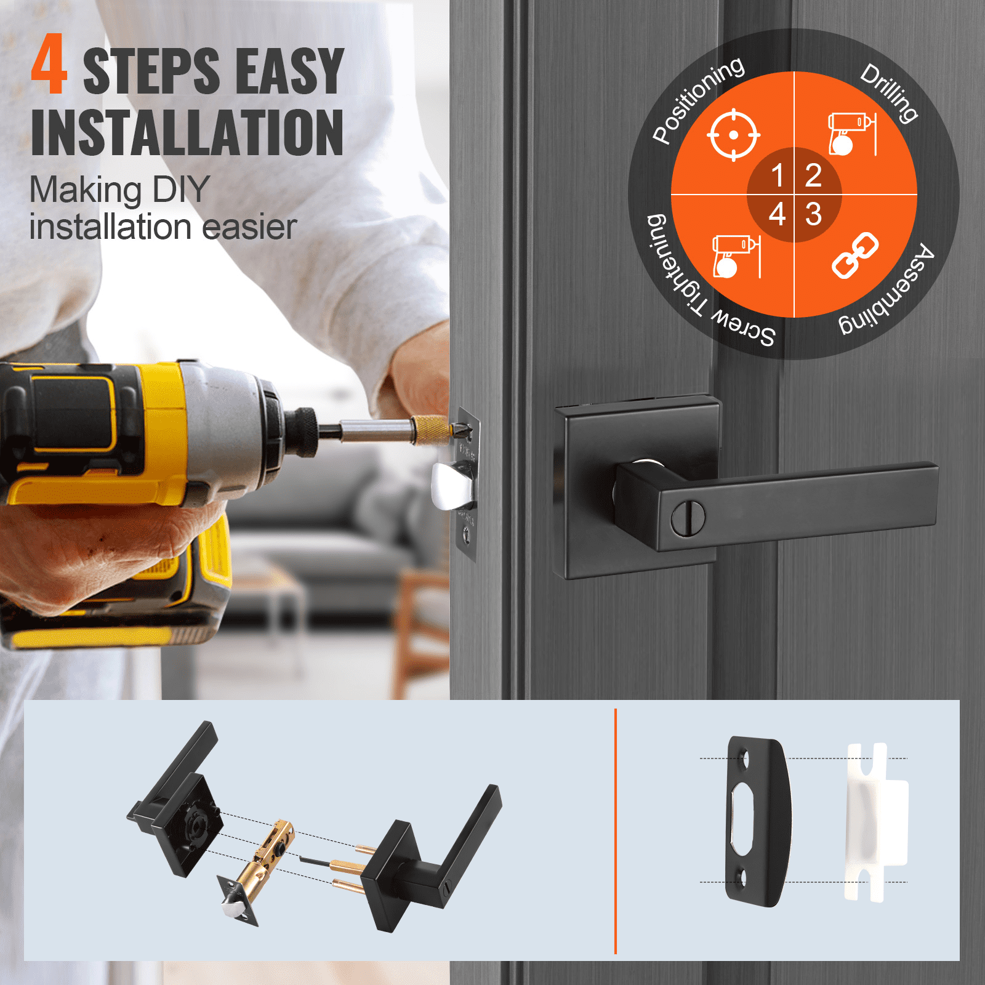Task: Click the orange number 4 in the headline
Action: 49,65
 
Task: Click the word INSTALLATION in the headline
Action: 187,133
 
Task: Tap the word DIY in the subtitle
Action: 181,190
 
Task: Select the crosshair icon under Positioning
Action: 733,135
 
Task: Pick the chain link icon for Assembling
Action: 855,255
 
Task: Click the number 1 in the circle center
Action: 777,176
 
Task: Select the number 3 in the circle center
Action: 813,214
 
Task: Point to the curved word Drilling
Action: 889,92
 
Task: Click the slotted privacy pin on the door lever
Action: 688,518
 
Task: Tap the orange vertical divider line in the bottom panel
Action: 616,831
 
